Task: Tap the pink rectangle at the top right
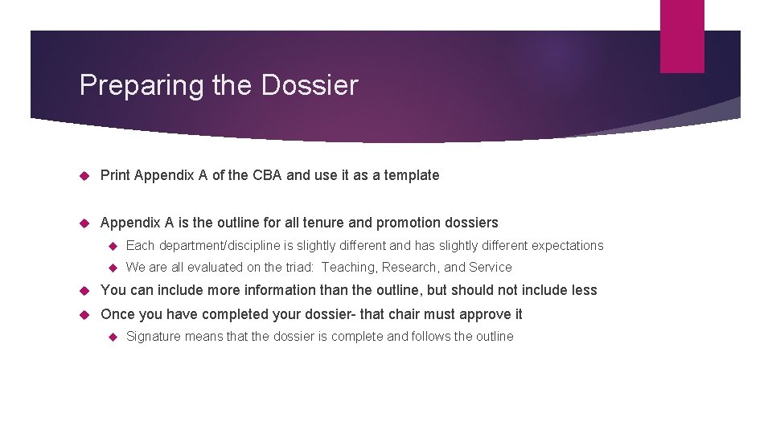[681, 36]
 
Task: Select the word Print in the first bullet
[116, 175]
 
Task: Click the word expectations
[567, 246]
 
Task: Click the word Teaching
[348, 268]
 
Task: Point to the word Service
[490, 268]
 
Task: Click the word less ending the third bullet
[583, 290]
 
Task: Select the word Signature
[154, 337]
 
